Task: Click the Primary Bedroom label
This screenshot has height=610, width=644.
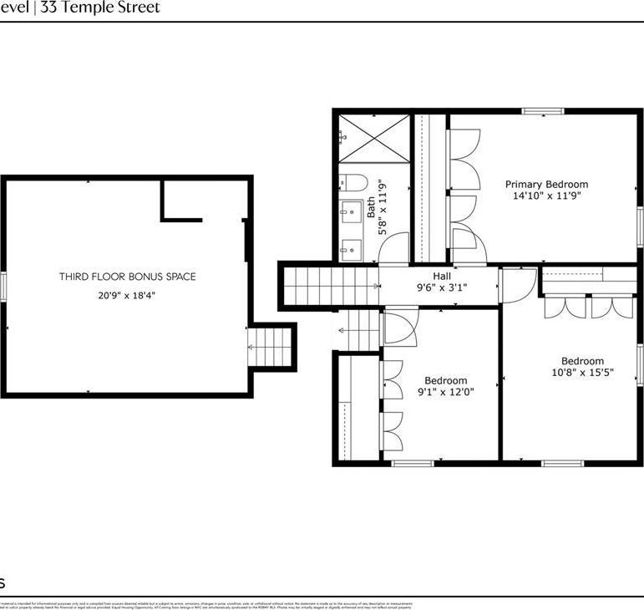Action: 546,184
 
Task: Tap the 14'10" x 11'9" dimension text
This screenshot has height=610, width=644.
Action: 546,196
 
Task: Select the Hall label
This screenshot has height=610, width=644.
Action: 442,276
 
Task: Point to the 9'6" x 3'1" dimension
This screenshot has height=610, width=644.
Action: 442,287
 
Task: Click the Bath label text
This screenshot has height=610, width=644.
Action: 372,208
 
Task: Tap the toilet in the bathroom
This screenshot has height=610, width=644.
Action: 351,183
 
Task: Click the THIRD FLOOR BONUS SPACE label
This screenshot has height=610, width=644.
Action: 127,277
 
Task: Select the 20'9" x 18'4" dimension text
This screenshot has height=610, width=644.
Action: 127,294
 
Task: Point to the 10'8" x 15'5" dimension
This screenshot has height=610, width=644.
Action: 582,374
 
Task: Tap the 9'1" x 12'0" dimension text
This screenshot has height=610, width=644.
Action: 446,391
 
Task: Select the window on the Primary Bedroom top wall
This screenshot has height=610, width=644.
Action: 543,111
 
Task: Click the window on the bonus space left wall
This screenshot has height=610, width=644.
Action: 3,287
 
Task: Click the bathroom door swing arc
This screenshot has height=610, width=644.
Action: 396,247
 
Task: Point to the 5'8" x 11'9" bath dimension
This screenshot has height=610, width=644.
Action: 383,208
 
